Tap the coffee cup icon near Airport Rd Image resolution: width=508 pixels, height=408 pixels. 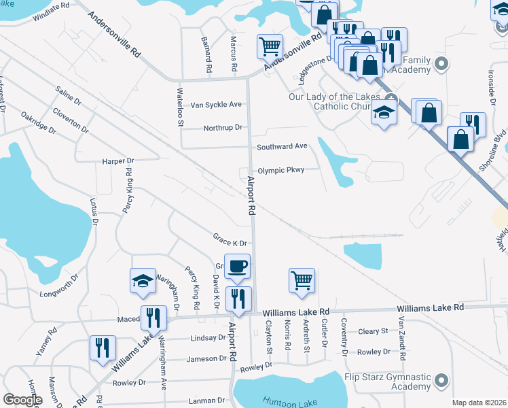237,267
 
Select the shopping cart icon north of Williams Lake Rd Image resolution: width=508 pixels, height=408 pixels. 302,280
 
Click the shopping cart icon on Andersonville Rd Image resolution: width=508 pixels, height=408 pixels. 270,46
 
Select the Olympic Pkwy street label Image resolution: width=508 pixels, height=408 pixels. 286,170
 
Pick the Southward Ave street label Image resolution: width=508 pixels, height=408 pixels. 282,146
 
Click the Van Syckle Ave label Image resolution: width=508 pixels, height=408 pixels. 216,105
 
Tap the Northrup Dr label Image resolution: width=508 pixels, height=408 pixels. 222,128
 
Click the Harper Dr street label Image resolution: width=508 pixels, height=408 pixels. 118,161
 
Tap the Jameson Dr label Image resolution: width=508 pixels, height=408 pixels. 204,358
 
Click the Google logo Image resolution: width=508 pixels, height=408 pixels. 22,400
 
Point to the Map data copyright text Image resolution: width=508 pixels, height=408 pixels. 479,403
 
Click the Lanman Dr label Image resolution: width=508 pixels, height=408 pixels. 207,400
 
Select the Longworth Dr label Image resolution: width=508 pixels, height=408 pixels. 59,288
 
